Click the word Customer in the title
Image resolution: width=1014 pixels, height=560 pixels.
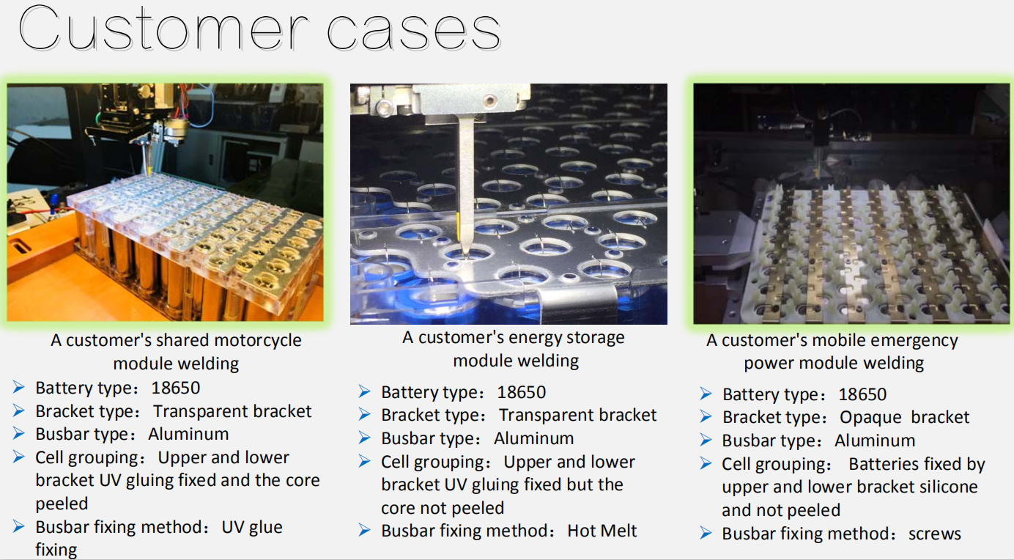point(163,29)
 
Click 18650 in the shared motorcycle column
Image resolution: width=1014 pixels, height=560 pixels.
point(176,388)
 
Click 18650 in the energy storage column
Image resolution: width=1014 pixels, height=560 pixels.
point(522,392)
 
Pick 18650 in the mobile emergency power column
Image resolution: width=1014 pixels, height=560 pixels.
point(862,394)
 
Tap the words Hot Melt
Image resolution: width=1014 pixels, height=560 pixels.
point(602,531)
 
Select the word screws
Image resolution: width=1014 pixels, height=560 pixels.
point(934,534)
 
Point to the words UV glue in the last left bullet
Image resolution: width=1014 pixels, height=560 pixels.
point(252,528)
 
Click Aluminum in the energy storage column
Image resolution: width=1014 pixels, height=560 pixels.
point(533,438)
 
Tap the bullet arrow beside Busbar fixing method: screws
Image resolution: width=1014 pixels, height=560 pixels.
point(706,533)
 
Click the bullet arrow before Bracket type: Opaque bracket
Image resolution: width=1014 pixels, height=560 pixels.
point(706,416)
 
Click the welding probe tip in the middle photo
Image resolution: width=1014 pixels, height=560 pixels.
point(465,254)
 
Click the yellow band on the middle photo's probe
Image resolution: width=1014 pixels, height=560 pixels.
point(459,226)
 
